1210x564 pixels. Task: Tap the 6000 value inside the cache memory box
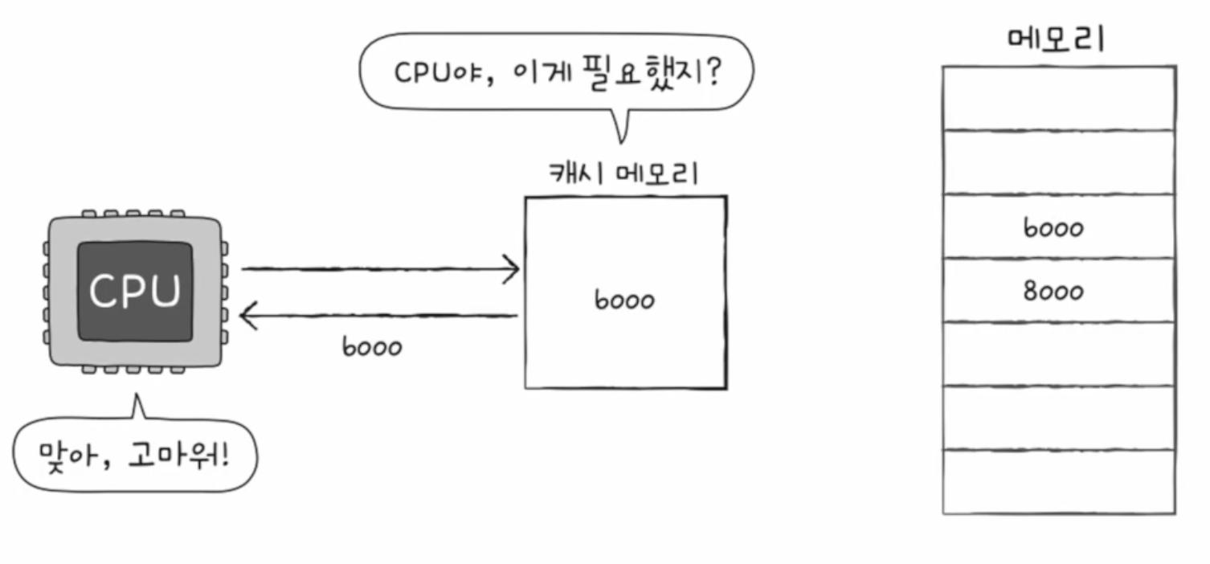pyautogui.click(x=624, y=300)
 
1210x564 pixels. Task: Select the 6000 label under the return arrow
pyautogui.click(x=371, y=348)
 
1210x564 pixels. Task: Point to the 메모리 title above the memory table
pyautogui.click(x=1056, y=38)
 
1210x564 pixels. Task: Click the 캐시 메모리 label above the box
pyautogui.click(x=624, y=174)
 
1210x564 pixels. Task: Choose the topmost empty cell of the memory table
pyautogui.click(x=1059, y=98)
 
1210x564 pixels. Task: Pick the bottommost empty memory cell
pyautogui.click(x=1059, y=481)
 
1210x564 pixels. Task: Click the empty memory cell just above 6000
pyautogui.click(x=1059, y=162)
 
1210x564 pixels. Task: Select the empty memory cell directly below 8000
pyautogui.click(x=1059, y=354)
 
